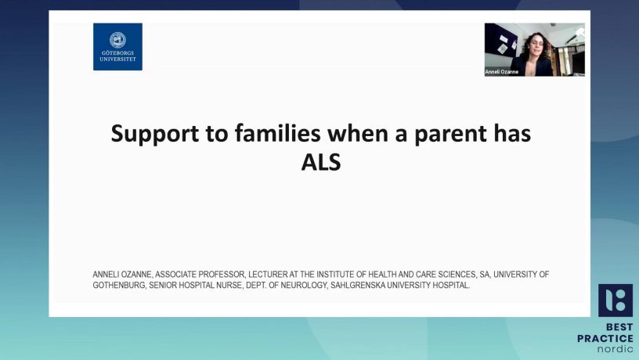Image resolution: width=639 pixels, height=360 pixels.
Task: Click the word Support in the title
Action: [154, 134]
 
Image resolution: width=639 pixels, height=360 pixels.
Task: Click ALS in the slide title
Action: [321, 162]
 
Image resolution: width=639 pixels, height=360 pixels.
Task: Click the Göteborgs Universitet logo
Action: [117, 46]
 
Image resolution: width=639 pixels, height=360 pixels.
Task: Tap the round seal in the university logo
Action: [117, 40]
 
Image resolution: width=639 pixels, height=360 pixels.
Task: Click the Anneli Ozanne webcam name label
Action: [502, 72]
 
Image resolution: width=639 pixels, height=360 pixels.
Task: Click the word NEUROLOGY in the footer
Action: [304, 285]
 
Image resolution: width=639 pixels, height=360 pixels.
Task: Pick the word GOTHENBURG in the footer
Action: [119, 285]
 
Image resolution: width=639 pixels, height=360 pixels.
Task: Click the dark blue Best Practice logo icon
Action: [616, 301]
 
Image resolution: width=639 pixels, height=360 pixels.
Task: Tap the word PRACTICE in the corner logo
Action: [605, 338]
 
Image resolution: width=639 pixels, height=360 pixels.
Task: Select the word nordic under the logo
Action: [616, 349]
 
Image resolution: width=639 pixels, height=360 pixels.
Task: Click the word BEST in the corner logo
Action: [619, 327]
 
